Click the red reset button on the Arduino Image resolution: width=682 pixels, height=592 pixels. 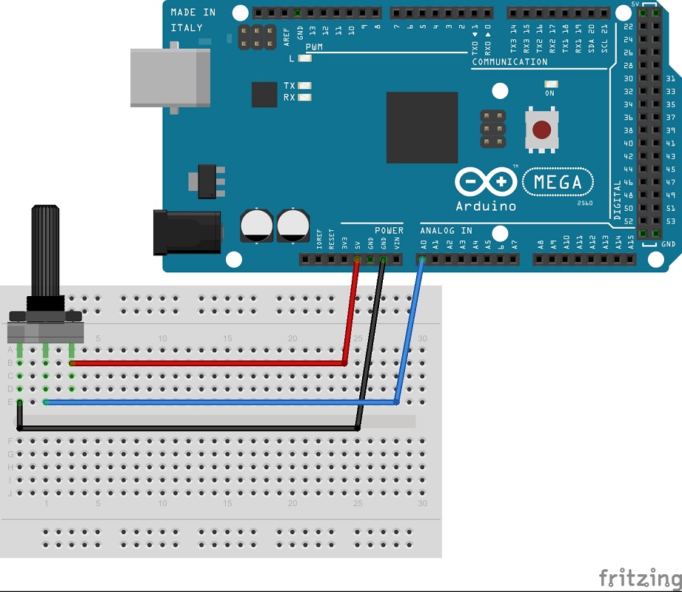click(x=542, y=130)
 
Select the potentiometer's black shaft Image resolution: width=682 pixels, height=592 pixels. click(x=44, y=252)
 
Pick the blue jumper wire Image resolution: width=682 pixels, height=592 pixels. click(x=222, y=403)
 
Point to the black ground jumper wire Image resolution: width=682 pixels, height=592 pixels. click(x=185, y=428)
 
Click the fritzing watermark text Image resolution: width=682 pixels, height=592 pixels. click(x=639, y=577)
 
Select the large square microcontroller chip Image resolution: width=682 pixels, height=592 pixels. click(x=422, y=127)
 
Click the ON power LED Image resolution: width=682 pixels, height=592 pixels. click(x=549, y=84)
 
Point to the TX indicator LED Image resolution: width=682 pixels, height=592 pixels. click(x=304, y=86)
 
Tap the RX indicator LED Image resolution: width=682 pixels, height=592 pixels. click(x=304, y=97)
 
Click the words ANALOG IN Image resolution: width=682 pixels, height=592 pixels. click(x=446, y=230)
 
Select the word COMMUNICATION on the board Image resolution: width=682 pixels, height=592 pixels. click(x=509, y=62)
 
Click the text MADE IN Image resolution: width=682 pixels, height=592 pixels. click(x=193, y=13)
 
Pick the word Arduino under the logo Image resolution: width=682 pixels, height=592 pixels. click(x=486, y=206)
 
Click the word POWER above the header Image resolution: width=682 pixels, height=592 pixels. click(x=389, y=230)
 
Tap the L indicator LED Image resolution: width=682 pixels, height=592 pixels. click(x=304, y=58)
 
